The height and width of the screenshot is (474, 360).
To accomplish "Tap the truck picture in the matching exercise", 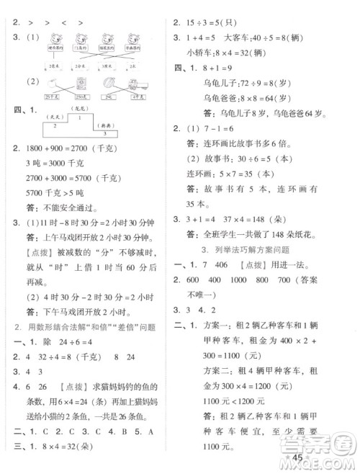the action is click(x=136, y=84).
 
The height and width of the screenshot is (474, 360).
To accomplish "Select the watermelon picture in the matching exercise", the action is click(x=109, y=83).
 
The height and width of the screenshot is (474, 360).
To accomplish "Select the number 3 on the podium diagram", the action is click(x=105, y=134).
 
